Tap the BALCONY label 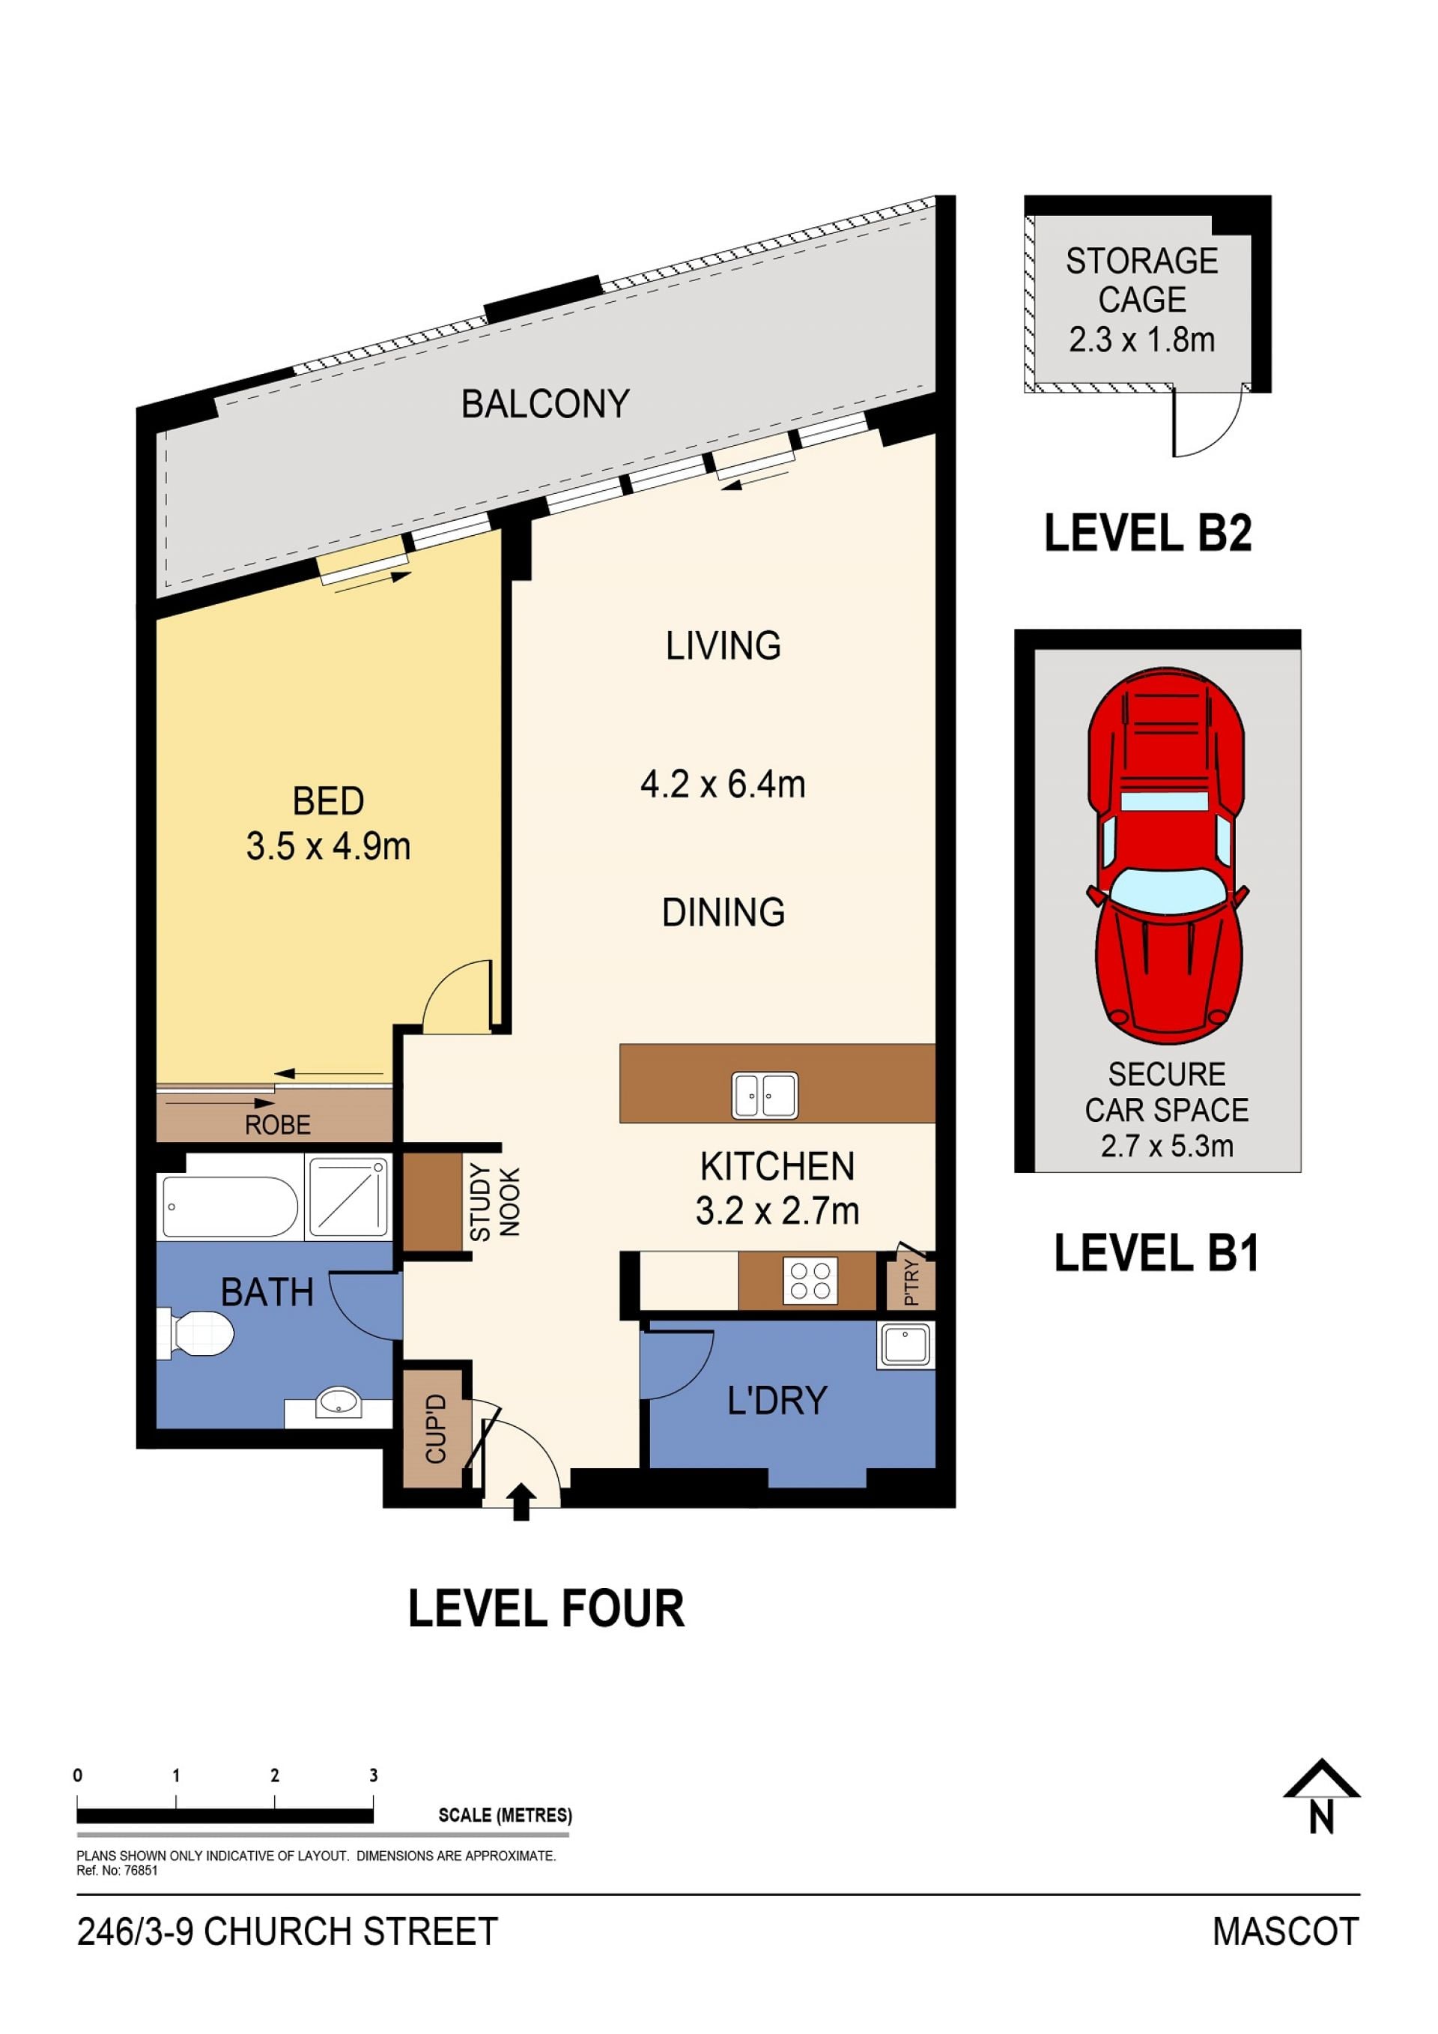pos(545,404)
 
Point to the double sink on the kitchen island pos(765,1095)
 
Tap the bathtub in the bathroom pos(230,1207)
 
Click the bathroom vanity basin pos(339,1402)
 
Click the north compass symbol pos(1321,1796)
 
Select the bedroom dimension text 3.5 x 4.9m pos(329,847)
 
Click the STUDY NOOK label pos(495,1202)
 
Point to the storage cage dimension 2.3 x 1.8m pos(1142,339)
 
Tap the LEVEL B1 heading pos(1156,1254)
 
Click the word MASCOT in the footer pos(1286,1932)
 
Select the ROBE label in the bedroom pos(278,1125)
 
